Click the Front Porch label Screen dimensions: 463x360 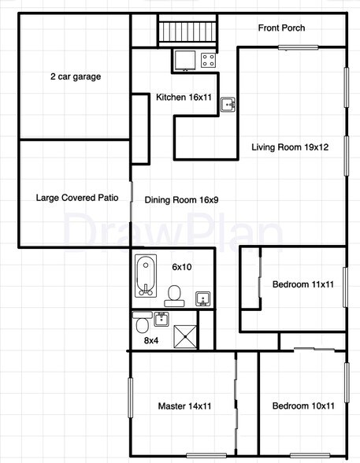pos(281,28)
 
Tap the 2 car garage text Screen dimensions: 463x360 pos(76,77)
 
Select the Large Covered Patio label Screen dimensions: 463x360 pos(77,198)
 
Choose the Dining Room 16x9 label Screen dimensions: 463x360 pos(181,199)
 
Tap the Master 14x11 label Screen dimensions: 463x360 pos(185,406)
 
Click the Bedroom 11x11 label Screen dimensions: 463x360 pos(303,284)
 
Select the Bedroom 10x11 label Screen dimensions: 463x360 pos(303,406)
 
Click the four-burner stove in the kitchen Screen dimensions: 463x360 pos(209,58)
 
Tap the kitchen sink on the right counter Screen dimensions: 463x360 pos(228,104)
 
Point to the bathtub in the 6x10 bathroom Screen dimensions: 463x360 pos(145,276)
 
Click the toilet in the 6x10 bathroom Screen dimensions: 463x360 pos(174,296)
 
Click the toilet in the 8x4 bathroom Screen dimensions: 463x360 pos(142,324)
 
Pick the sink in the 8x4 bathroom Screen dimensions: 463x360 pos(161,318)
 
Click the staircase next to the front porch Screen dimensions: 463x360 pos(187,32)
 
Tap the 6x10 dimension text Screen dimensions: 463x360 pos(181,267)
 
